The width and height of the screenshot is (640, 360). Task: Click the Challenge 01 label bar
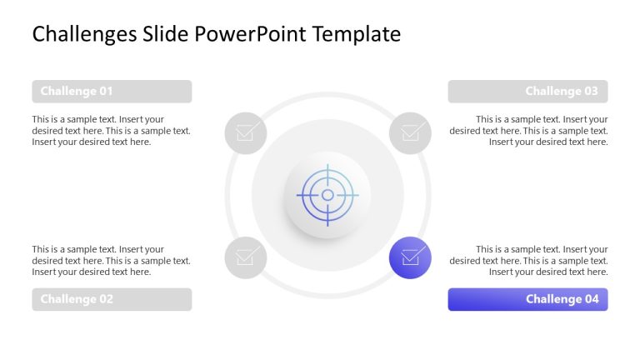112,92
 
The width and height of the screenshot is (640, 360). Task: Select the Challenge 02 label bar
112,299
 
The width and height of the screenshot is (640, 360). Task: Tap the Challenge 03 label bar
527,92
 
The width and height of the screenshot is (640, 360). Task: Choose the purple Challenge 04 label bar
527,299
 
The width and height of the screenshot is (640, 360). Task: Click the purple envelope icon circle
410,257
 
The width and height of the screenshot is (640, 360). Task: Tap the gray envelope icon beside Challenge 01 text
246,132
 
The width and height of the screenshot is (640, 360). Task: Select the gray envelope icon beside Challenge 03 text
410,132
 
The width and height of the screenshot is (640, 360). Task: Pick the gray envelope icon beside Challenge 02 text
246,257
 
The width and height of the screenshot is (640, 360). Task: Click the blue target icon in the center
327,195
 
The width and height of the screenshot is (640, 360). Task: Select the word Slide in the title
165,34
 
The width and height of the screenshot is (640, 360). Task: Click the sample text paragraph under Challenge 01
111,131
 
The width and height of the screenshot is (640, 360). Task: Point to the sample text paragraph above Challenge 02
111,261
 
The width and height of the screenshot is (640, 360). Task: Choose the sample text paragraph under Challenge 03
529,131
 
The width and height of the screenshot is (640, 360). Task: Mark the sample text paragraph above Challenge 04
529,261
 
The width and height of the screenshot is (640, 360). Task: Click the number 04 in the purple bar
590,299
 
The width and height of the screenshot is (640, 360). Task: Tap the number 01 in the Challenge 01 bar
105,92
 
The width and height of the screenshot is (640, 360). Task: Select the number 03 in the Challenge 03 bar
590,92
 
